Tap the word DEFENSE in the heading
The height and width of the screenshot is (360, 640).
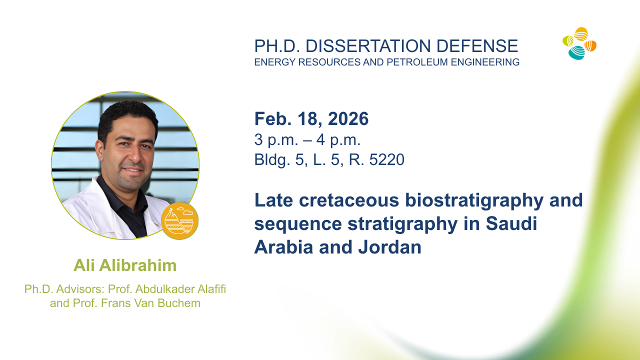click(477, 46)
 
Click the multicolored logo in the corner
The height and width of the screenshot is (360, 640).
click(579, 43)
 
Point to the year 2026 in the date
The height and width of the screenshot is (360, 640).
click(348, 118)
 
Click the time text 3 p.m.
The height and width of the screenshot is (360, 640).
click(276, 140)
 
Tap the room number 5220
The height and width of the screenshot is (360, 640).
click(387, 159)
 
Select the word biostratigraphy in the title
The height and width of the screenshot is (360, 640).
click(474, 201)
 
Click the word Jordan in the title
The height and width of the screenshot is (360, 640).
click(390, 247)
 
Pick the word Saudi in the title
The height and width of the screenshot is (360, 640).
click(511, 223)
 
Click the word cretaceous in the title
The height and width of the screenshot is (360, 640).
click(349, 200)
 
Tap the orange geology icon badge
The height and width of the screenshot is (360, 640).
click(179, 221)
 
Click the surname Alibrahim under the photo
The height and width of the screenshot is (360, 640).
click(138, 265)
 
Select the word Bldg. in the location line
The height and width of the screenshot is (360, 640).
click(272, 160)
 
